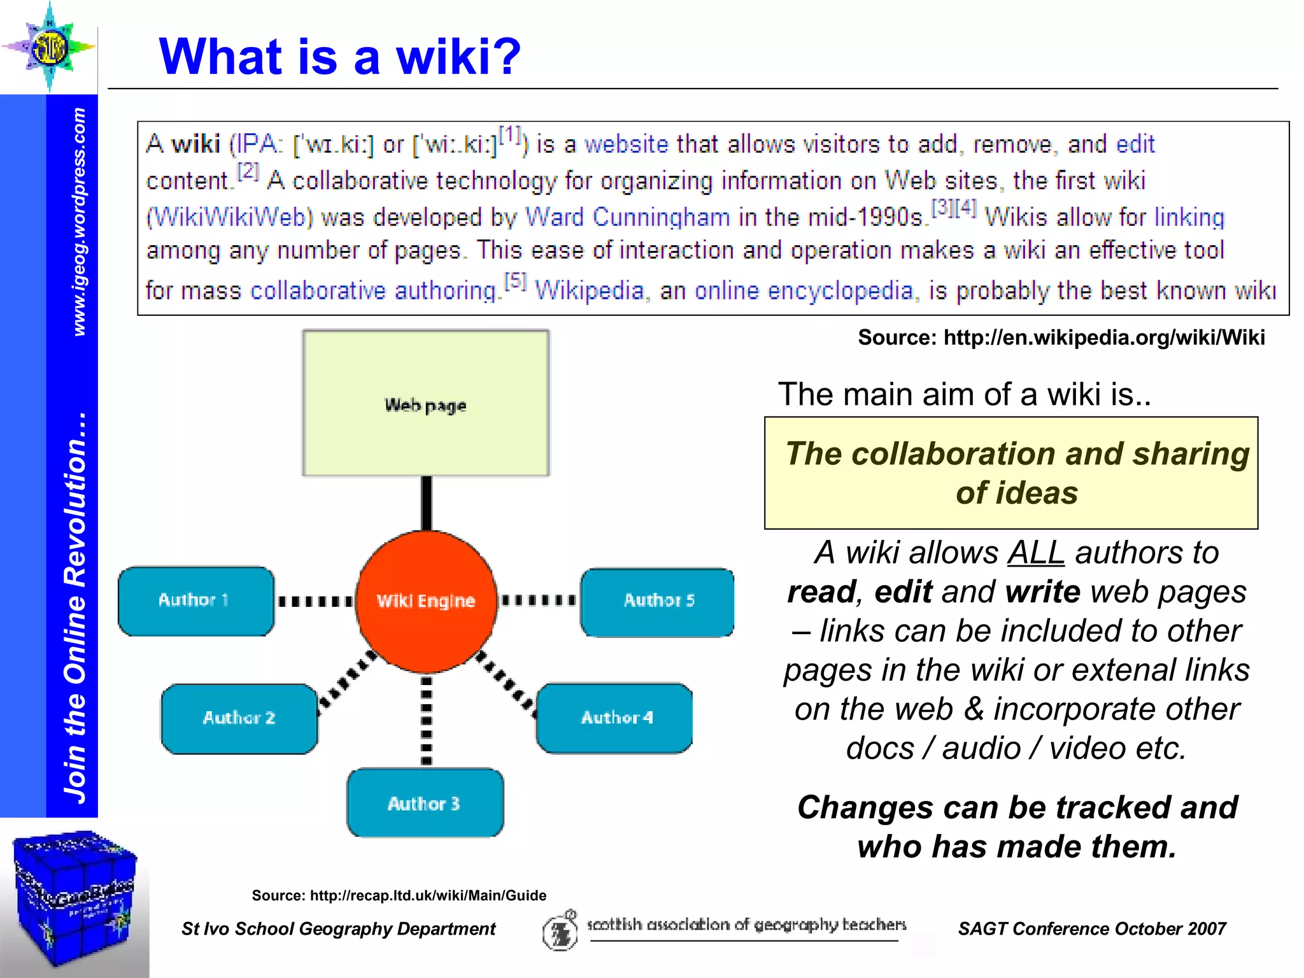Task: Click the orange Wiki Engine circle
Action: click(x=426, y=601)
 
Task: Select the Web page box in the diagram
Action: click(x=425, y=403)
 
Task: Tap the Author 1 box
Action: click(x=195, y=600)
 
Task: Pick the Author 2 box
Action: click(x=239, y=718)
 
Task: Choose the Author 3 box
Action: click(x=425, y=803)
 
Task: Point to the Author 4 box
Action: click(x=615, y=718)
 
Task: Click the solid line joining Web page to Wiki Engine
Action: click(x=427, y=503)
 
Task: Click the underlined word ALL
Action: click(x=1036, y=553)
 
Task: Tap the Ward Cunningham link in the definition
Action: click(x=627, y=218)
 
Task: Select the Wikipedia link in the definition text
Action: click(x=590, y=291)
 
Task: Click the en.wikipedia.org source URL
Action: click(x=1104, y=337)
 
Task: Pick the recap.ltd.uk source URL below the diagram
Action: click(x=428, y=896)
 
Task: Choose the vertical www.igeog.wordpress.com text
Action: click(x=79, y=222)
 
